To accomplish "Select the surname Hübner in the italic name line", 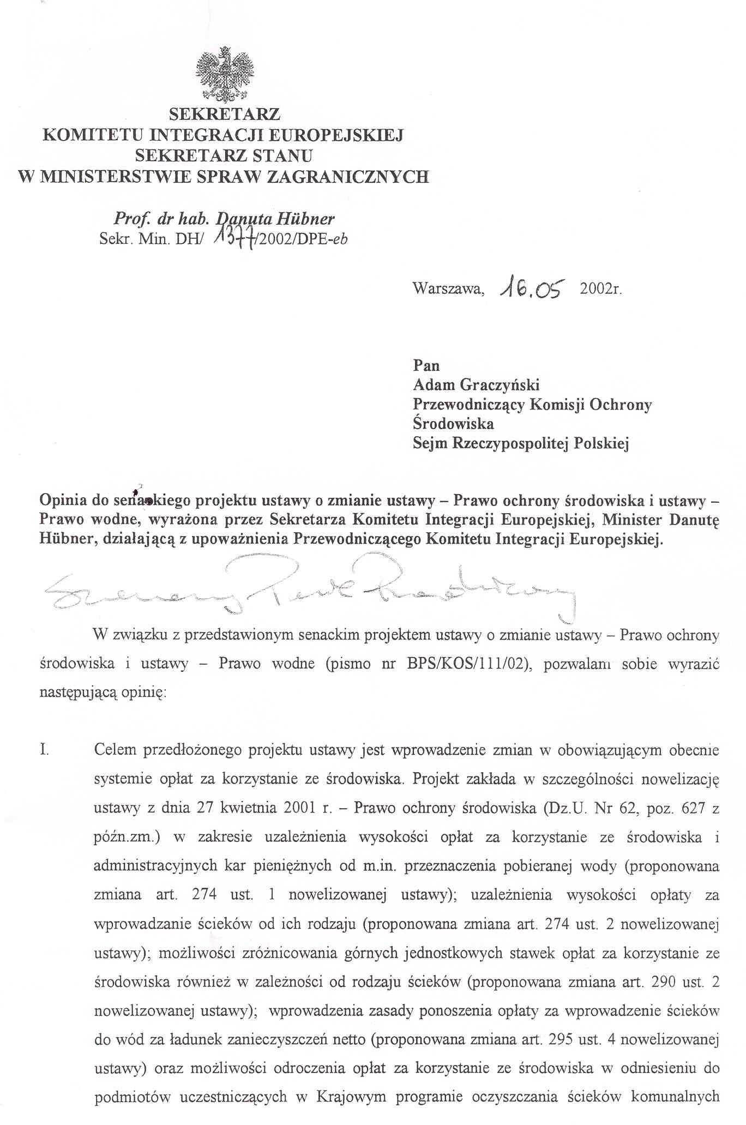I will click(305, 219).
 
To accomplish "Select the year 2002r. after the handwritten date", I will click(601, 288).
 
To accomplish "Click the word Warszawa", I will click(448, 288).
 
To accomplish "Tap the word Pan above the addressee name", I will click(426, 365).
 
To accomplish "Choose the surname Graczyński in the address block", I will click(500, 385).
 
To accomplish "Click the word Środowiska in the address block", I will click(453, 424).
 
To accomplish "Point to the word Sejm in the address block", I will click(430, 443).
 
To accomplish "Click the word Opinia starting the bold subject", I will click(64, 500).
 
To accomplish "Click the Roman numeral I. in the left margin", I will click(45, 750).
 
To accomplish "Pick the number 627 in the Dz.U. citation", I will click(685, 808).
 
